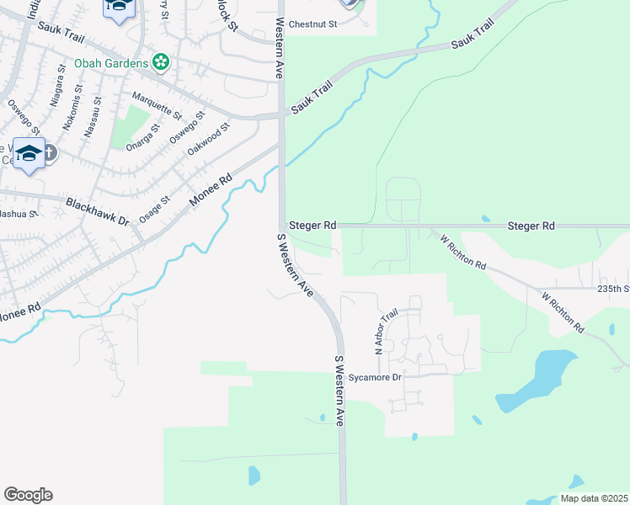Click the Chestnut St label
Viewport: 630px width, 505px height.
tap(312, 24)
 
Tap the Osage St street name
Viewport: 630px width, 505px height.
tap(154, 206)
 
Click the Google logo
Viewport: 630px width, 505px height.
tap(28, 495)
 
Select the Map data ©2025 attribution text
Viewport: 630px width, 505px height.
tap(594, 498)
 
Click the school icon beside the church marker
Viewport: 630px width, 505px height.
tap(29, 153)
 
